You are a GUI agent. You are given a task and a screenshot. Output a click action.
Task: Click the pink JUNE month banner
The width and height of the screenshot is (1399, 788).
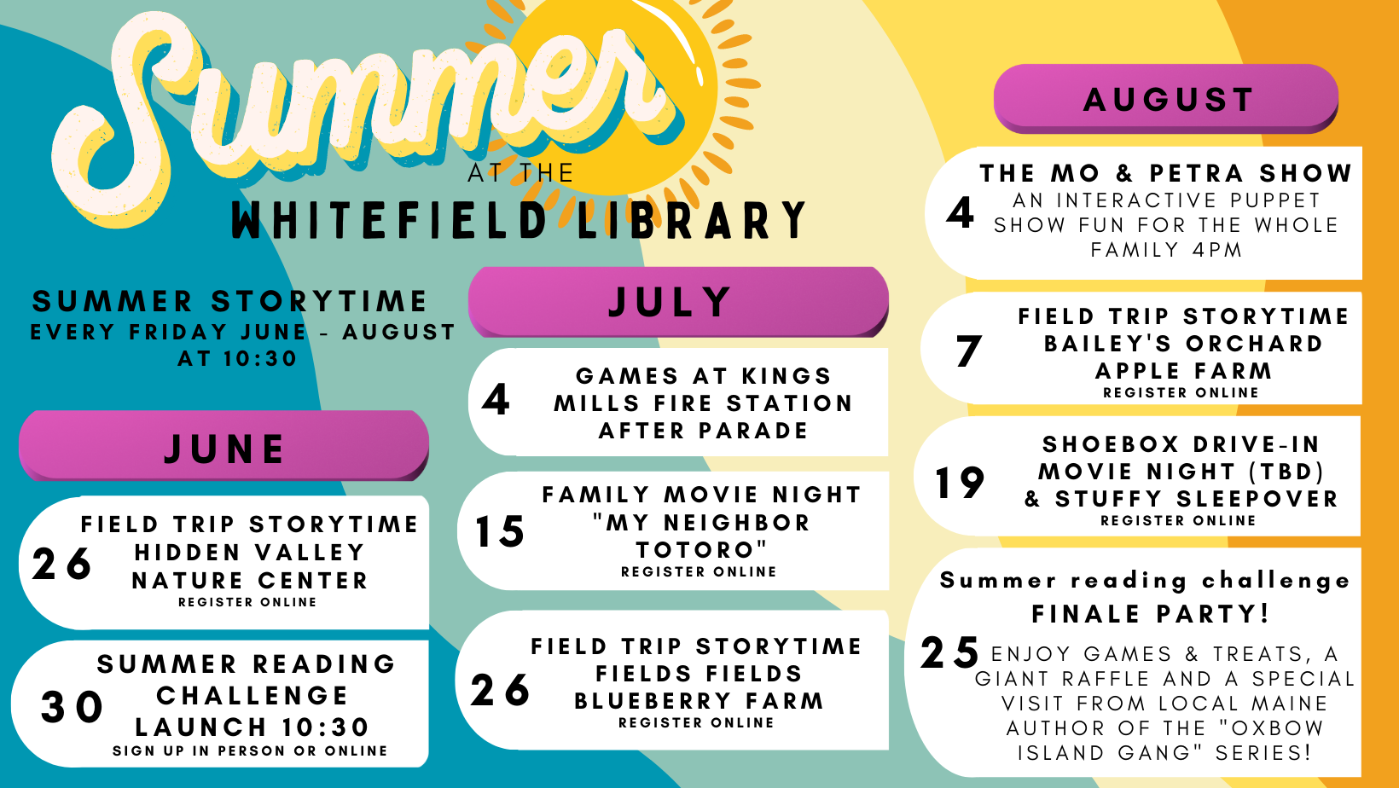tap(223, 446)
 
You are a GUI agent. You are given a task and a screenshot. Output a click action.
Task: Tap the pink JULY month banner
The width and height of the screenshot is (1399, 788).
tap(678, 302)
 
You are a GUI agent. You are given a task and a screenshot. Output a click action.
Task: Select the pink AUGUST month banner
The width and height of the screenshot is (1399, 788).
tap(1166, 99)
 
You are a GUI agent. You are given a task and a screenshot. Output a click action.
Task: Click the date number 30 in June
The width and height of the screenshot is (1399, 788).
tap(73, 708)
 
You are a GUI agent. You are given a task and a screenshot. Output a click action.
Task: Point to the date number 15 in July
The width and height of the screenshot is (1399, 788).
tap(500, 532)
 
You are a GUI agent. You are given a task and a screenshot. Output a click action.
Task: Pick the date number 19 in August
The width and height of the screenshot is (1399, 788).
tap(960, 483)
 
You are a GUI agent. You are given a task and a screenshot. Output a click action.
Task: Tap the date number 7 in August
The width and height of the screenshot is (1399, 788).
tap(969, 351)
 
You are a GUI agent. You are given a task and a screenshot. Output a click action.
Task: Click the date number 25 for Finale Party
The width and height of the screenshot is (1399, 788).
tap(950, 652)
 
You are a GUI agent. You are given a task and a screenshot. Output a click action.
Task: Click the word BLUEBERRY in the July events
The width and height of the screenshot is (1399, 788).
tap(652, 701)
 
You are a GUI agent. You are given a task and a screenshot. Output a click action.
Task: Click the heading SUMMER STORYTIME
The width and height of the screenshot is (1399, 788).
tap(229, 302)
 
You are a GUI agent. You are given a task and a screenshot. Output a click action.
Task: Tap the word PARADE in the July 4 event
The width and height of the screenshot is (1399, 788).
tap(754, 431)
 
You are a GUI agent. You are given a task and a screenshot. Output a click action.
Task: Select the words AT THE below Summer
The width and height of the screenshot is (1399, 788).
tap(520, 174)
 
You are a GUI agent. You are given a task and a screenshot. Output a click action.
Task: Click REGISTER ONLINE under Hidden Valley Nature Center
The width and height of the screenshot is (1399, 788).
tap(247, 603)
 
